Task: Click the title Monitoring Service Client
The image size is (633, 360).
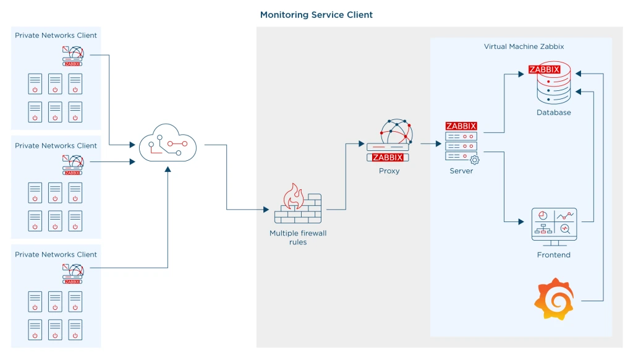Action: pos(316,14)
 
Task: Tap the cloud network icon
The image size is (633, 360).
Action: pos(167,145)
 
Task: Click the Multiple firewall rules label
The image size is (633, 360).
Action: pos(297,238)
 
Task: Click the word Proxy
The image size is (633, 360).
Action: pos(389,171)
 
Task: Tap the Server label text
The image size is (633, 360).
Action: pos(461,171)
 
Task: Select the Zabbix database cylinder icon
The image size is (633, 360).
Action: pos(553,85)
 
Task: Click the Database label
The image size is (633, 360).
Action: pos(553,113)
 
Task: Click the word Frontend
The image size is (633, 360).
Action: pos(553,255)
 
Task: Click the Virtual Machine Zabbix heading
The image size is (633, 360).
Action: pos(524,46)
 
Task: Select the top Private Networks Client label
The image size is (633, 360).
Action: pos(56,35)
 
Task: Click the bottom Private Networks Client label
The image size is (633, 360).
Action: pos(56,254)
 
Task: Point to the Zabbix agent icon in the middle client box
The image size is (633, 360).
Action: pos(73,165)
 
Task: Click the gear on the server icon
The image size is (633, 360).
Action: pos(475,160)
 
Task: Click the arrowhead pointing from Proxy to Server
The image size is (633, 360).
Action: pos(436,144)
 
